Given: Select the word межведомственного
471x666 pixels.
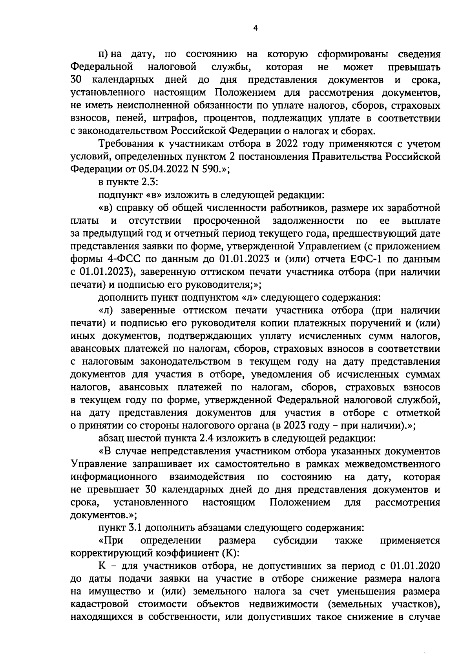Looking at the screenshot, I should [392, 464].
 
